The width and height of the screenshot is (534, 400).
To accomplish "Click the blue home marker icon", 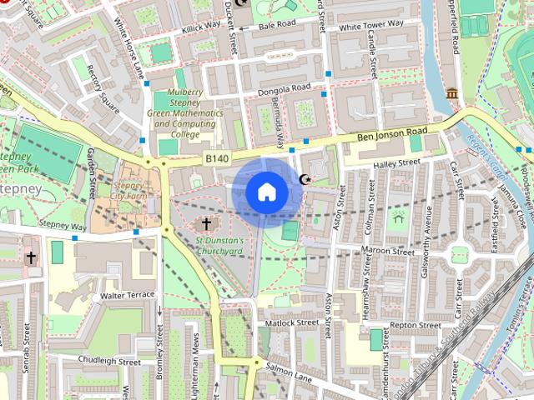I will (x=266, y=192).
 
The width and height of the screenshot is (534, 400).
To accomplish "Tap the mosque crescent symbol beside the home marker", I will (x=305, y=180).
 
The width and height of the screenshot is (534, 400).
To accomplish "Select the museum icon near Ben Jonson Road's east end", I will (x=452, y=93).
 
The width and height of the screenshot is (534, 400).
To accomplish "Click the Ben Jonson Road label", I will (x=391, y=132).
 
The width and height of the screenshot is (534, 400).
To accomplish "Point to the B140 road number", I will (x=215, y=157).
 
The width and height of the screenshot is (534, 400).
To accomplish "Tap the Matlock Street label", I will (x=290, y=322).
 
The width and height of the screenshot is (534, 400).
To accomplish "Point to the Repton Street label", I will (x=414, y=325).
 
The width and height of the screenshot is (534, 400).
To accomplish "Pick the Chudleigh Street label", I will (x=109, y=362).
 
